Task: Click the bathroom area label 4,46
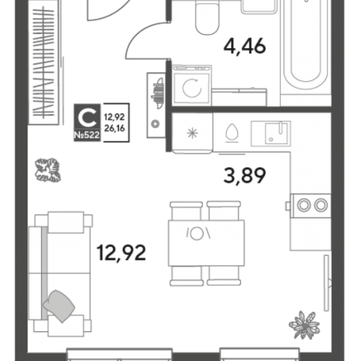[x=245, y=46]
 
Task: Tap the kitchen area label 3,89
[x=245, y=176]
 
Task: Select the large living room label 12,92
[x=121, y=253]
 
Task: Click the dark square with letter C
[x=87, y=117]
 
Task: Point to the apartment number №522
[x=87, y=135]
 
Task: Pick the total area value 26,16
[x=115, y=129]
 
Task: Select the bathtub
[x=305, y=43]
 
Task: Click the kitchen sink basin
[x=276, y=133]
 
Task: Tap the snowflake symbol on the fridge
[x=193, y=134]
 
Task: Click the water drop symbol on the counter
[x=232, y=133]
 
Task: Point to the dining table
[x=206, y=243]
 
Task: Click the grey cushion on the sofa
[x=59, y=306]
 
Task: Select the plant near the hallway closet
[x=48, y=170]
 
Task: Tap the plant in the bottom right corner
[x=304, y=325]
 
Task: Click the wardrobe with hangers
[x=43, y=63]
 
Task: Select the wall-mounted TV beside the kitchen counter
[x=327, y=283]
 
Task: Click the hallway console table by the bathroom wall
[x=157, y=105]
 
